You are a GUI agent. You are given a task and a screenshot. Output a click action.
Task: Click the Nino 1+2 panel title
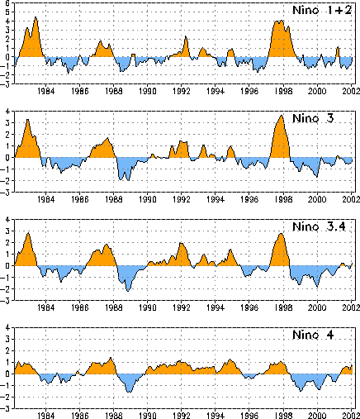[x=322, y=10]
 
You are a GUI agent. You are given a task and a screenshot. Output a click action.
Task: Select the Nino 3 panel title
[x=313, y=118]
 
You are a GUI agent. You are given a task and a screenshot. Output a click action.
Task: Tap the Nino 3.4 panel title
[x=319, y=226]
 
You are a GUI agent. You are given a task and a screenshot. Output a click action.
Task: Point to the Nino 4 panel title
[x=313, y=335]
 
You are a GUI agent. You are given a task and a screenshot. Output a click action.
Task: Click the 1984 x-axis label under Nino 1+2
[x=45, y=91]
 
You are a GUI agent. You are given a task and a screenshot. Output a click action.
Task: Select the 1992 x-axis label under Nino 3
[x=182, y=199]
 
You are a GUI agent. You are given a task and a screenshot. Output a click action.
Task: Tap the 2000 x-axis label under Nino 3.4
[x=317, y=307]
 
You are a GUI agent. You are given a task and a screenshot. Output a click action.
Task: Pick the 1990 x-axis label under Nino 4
[x=148, y=416]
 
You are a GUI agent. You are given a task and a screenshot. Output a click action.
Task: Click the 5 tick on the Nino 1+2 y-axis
[x=7, y=12]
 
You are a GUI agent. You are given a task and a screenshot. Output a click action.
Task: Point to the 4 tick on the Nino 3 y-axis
[x=7, y=112]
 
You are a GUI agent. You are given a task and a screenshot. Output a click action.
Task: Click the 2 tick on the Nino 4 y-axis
[x=7, y=350]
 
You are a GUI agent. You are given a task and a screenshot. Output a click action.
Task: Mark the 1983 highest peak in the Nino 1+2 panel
[x=36, y=17]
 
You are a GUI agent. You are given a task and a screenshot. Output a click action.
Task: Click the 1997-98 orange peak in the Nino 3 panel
[x=281, y=116]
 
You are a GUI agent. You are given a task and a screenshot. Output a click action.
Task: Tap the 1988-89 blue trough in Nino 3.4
[x=128, y=291]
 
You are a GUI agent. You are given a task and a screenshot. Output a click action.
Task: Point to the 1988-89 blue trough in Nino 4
[x=130, y=392]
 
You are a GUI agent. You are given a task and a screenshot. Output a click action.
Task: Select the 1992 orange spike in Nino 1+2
[x=186, y=36]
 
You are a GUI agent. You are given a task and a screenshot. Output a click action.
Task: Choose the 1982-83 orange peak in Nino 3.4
[x=28, y=233]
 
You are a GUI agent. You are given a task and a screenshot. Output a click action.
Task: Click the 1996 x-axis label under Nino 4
[x=249, y=416]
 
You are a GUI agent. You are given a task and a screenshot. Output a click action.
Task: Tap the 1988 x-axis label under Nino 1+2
[x=114, y=91]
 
